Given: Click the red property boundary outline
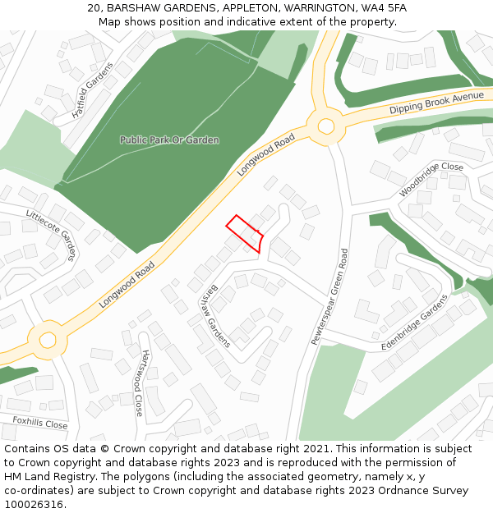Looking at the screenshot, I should [245, 233].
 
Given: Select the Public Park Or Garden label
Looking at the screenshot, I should [169, 140].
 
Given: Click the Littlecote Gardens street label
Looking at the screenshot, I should [51, 233].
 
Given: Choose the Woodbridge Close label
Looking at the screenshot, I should [431, 179].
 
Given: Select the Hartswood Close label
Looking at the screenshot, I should [143, 382].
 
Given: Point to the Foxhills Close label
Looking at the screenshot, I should [39, 424].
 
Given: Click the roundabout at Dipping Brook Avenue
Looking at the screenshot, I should [326, 126].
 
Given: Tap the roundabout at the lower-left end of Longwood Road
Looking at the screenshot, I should [48, 338].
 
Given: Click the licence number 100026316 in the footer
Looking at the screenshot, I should [34, 504].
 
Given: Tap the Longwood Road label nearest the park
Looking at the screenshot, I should [266, 155].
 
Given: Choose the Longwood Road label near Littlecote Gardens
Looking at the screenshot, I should [127, 284].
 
